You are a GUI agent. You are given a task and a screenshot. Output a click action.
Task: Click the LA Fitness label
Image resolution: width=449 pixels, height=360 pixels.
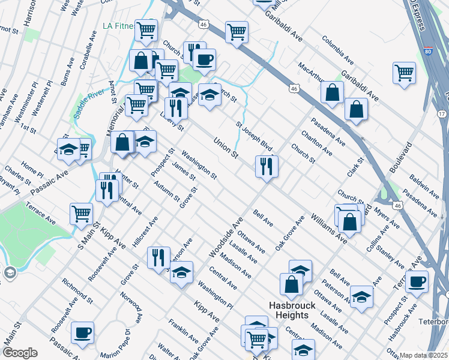(117, 26)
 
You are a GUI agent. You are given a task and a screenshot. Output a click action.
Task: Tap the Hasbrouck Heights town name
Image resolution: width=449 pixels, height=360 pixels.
(289, 310)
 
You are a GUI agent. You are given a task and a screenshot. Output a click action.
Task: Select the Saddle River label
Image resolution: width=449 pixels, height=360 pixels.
(88, 105)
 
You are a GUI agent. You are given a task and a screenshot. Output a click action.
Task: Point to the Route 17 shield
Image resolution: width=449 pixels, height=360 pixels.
(442, 113)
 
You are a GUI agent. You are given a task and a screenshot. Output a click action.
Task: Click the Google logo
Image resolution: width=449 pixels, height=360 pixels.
(19, 353)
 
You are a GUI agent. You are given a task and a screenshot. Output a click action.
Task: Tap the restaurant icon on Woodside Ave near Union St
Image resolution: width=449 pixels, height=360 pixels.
(267, 166)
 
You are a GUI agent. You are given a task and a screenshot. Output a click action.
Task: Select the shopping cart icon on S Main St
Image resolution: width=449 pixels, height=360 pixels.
(81, 214)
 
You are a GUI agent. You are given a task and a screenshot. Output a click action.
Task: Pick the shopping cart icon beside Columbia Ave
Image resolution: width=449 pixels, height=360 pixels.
(405, 73)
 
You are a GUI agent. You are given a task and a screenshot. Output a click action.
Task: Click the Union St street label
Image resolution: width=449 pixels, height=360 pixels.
(227, 148)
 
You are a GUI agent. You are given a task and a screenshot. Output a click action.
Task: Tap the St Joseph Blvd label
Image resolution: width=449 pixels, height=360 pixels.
(254, 137)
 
